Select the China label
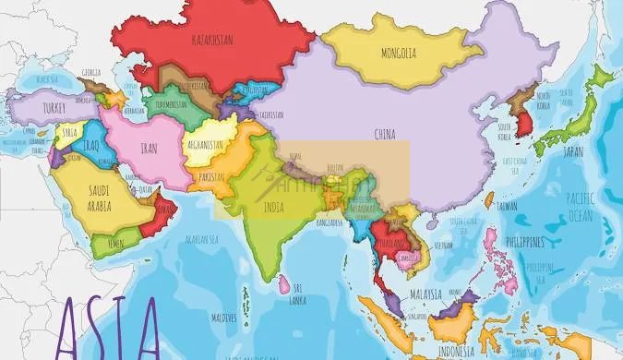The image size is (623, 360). click(385, 135)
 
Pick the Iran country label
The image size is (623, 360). click(148, 147)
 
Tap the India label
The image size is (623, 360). click(273, 209)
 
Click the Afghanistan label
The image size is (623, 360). click(205, 145)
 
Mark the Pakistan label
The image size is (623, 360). click(211, 176)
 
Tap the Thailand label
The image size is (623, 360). click(391, 241)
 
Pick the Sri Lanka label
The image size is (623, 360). click(297, 295)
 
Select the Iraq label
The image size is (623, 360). click(90, 145)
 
